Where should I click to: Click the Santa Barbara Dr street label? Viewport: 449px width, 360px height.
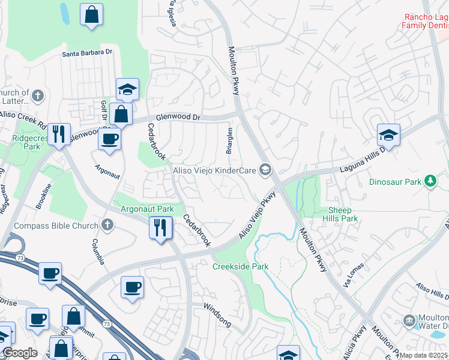pos(88,53)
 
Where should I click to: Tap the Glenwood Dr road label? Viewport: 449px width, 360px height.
pos(176,117)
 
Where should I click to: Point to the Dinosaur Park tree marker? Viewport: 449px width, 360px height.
pos(430,181)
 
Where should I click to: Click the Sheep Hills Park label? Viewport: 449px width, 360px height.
pos(343,214)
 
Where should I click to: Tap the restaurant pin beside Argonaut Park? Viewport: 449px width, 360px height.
pos(160,228)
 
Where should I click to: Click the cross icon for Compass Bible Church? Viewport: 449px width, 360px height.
pos(107,226)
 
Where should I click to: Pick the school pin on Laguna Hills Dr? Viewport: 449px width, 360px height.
pos(388,135)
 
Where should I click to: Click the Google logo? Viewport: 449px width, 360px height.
pos(19,353)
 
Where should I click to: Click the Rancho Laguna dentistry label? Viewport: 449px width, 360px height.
pos(425,22)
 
